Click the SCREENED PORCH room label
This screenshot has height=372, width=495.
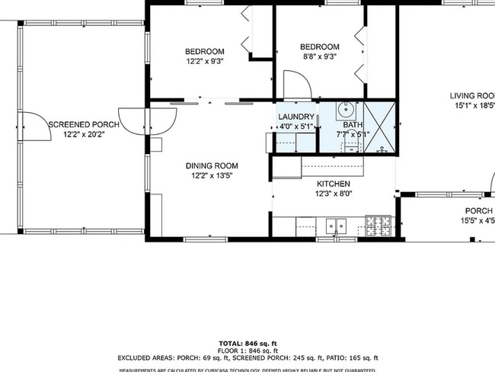pyautogui.click(x=84, y=124)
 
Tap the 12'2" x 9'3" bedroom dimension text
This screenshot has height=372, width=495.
pyautogui.click(x=205, y=61)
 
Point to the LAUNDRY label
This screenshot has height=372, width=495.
pyautogui.click(x=296, y=117)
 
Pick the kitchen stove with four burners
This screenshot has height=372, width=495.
pyautogui.click(x=378, y=225)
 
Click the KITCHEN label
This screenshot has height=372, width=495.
pyautogui.click(x=334, y=184)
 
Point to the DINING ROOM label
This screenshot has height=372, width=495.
pyautogui.click(x=212, y=165)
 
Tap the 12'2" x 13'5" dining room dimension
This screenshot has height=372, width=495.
pyautogui.click(x=212, y=175)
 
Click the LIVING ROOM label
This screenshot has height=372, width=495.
pyautogui.click(x=472, y=96)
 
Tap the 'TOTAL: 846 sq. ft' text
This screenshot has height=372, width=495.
pyautogui.click(x=247, y=343)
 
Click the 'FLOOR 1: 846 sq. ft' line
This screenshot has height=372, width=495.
pyautogui.click(x=247, y=350)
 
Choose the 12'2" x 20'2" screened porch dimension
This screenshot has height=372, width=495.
pyautogui.click(x=84, y=134)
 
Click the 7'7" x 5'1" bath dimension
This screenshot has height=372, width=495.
pyautogui.click(x=353, y=134)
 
